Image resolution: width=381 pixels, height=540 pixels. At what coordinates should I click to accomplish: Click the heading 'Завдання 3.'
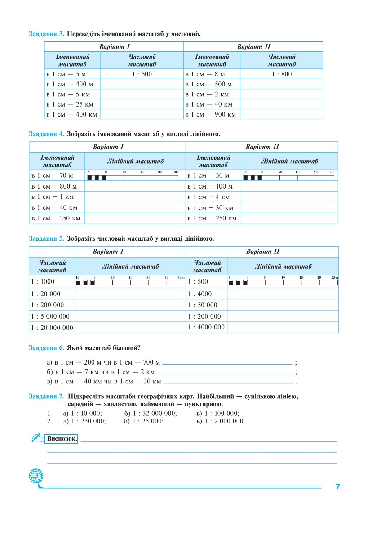(47, 34)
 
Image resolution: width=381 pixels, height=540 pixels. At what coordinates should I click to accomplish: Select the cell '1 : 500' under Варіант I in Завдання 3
(142, 74)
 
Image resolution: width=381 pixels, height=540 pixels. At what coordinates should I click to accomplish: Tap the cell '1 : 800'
(281, 74)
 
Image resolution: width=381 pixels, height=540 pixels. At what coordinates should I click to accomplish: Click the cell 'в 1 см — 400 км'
(72, 114)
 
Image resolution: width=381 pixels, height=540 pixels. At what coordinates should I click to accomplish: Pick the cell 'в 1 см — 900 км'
(211, 114)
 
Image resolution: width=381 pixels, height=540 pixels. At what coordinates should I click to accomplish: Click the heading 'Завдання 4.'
(47, 134)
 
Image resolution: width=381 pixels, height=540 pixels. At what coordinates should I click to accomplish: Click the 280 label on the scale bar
(176, 172)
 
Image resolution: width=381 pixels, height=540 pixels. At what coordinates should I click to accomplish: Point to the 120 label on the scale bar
(332, 172)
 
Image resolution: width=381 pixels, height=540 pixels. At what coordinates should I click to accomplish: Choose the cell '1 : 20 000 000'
(52, 328)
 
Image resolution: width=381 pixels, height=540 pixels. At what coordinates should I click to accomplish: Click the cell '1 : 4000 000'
(206, 327)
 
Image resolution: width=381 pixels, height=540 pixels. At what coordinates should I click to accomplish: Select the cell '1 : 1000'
(43, 282)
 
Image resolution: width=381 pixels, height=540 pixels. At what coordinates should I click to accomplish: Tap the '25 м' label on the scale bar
(334, 277)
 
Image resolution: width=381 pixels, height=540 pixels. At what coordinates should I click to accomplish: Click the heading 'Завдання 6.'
(47, 347)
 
